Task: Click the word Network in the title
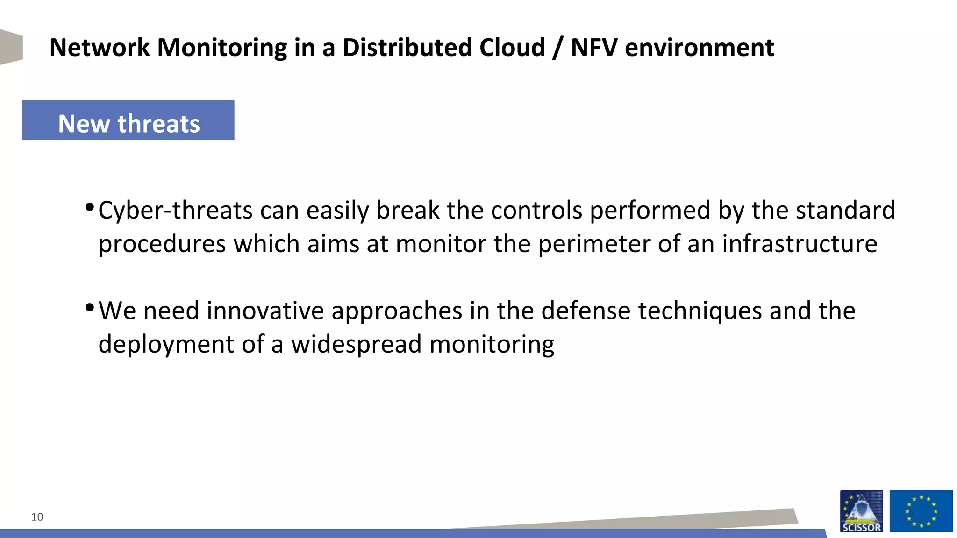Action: [x=100, y=48]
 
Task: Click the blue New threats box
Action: [x=128, y=120]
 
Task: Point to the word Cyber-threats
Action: [x=175, y=211]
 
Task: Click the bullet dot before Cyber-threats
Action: [x=90, y=207]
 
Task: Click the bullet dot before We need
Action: [x=90, y=307]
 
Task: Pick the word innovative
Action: [x=265, y=311]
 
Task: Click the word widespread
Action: [x=356, y=345]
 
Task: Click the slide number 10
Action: [x=37, y=517]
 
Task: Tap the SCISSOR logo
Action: [x=861, y=511]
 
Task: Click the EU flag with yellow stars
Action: [x=921, y=511]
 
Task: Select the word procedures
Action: [x=162, y=244]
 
